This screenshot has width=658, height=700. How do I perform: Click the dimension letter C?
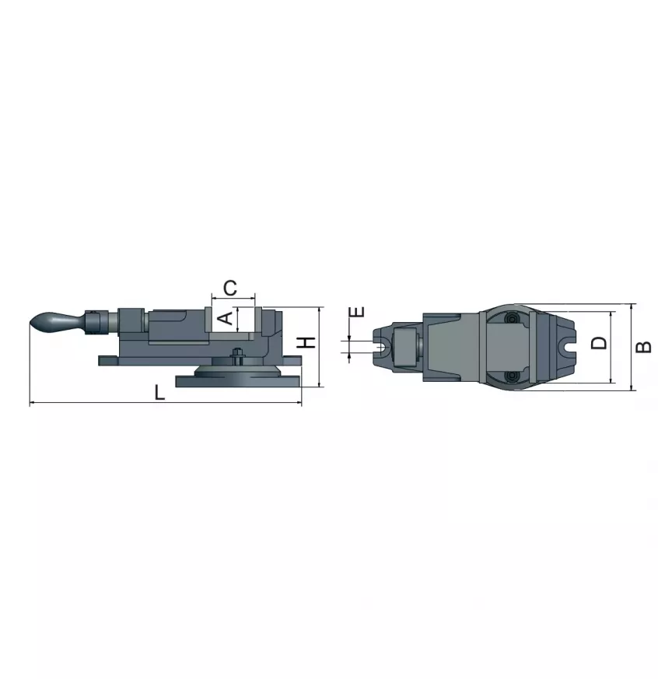pyautogui.click(x=230, y=288)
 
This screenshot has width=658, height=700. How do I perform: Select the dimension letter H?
pyautogui.click(x=306, y=343)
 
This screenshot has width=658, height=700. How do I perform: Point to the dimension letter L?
pyautogui.click(x=159, y=393)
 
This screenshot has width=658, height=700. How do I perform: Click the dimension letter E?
pyautogui.click(x=358, y=311)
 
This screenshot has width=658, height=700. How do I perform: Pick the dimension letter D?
pyautogui.click(x=599, y=343)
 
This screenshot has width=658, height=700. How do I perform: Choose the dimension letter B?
pyautogui.click(x=643, y=347)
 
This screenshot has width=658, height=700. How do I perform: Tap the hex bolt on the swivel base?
pyautogui.click(x=237, y=355)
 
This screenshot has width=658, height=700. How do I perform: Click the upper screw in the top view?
pyautogui.click(x=511, y=319)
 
